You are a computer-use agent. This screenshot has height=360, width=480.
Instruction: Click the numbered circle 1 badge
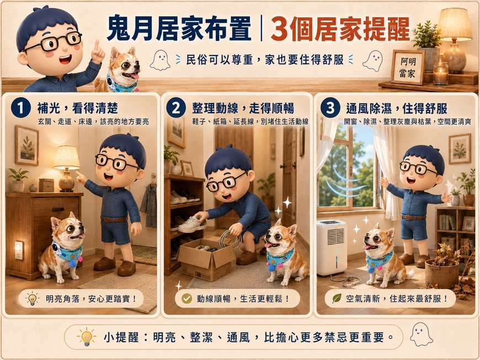pos(21,108)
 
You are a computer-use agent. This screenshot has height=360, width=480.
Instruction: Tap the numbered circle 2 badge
pos(176,108)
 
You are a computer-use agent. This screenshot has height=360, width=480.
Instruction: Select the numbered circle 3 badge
pos(330,108)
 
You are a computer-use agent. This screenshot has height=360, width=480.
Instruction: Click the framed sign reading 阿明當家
pos(408,67)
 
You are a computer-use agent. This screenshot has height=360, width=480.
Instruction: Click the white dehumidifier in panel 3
pos(332,248)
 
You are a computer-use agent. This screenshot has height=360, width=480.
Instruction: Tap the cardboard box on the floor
pos(205,259)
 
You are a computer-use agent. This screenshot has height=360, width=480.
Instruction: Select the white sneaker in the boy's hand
pos(192,224)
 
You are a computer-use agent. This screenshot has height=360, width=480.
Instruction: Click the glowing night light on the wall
pos(19,250)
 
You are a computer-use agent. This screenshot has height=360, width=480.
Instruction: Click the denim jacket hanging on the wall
pos(150,205)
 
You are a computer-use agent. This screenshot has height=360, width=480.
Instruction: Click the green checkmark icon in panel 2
pos(186,298)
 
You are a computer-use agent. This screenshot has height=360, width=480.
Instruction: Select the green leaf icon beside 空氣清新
pos(337,298)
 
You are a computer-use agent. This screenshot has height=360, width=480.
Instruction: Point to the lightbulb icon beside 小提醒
pos(86,337)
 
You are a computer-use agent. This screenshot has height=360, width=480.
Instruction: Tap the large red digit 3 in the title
pos(280,29)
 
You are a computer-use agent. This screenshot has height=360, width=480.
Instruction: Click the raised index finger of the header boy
pos(97,46)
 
